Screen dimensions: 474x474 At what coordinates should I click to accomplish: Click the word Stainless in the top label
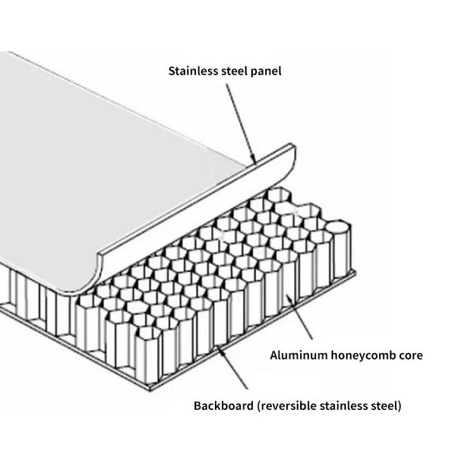[x=192, y=71]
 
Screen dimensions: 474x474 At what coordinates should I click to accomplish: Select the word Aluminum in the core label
[x=295, y=355]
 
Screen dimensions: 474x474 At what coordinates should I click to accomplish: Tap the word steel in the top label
[x=232, y=71]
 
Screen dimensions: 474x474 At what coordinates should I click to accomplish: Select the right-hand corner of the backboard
[x=355, y=274]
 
